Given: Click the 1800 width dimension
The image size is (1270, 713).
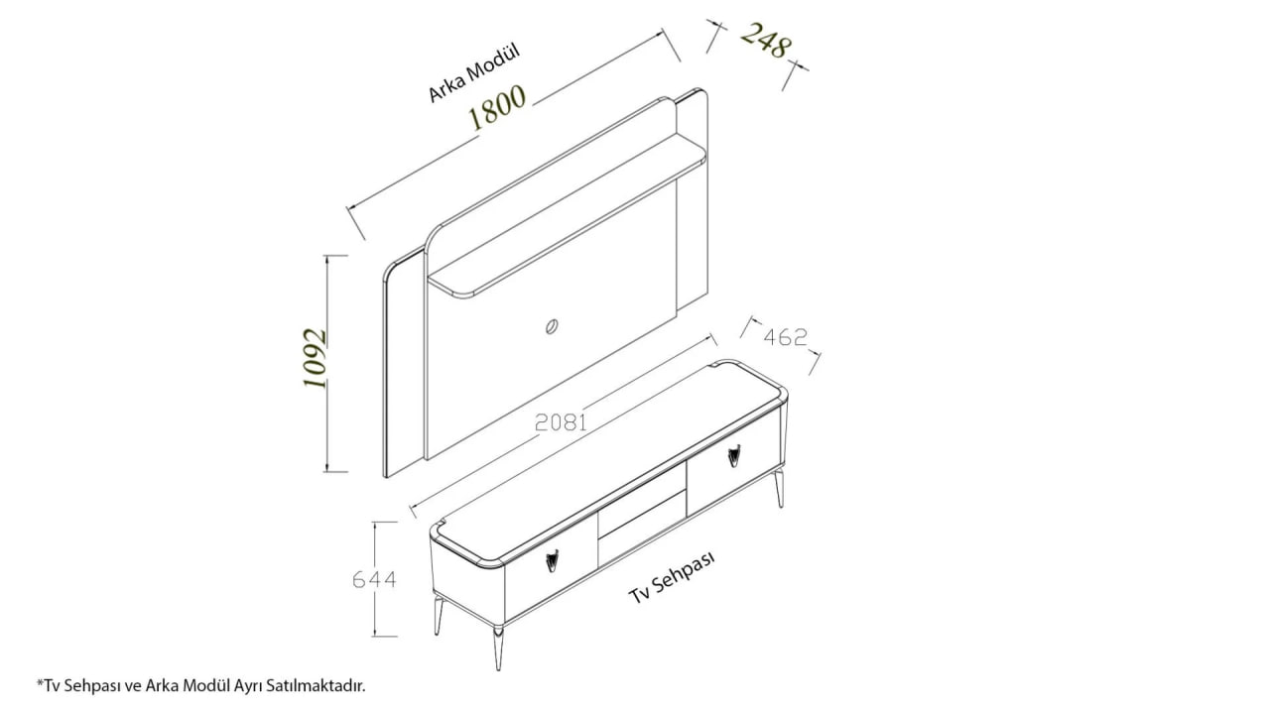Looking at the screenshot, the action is click(x=497, y=108).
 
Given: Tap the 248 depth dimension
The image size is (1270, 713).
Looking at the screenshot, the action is click(x=765, y=41).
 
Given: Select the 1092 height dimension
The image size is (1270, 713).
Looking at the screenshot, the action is click(x=315, y=359).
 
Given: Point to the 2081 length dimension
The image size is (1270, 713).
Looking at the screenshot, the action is click(x=561, y=422).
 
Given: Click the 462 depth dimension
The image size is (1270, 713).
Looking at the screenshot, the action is click(x=785, y=337).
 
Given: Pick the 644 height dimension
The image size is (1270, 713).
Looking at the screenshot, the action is click(x=374, y=580).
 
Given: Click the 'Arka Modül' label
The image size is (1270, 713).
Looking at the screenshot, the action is click(x=474, y=73).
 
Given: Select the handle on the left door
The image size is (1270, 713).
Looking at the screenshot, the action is click(x=553, y=561).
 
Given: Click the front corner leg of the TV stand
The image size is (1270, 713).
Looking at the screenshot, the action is click(x=498, y=648).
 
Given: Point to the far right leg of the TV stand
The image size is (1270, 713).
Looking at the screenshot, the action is click(x=781, y=488).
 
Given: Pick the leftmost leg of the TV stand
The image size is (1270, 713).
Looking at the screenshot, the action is click(x=438, y=615).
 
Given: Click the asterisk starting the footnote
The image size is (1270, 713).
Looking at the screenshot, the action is click(x=40, y=682).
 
